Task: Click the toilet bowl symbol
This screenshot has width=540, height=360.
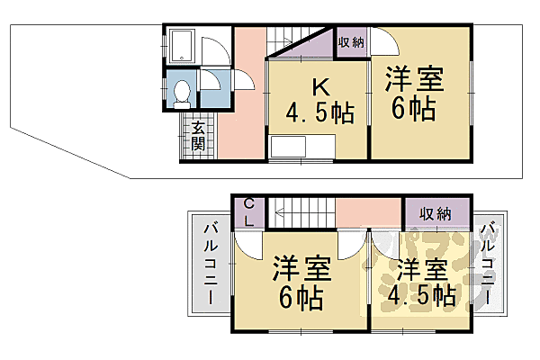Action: [182, 91]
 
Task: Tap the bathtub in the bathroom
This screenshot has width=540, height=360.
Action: [183, 46]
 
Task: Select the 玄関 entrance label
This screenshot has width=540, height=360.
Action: [197, 136]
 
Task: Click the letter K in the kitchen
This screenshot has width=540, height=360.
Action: [319, 87]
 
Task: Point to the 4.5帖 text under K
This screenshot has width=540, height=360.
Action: [319, 114]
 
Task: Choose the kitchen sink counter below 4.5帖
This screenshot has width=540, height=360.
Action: [301, 148]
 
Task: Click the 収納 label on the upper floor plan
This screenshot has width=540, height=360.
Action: [351, 42]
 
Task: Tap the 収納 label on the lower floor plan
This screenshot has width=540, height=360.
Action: [436, 213]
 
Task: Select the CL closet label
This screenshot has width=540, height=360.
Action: [248, 213]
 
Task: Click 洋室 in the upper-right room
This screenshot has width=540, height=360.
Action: [415, 79]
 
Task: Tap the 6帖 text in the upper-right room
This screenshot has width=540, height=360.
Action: [414, 110]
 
